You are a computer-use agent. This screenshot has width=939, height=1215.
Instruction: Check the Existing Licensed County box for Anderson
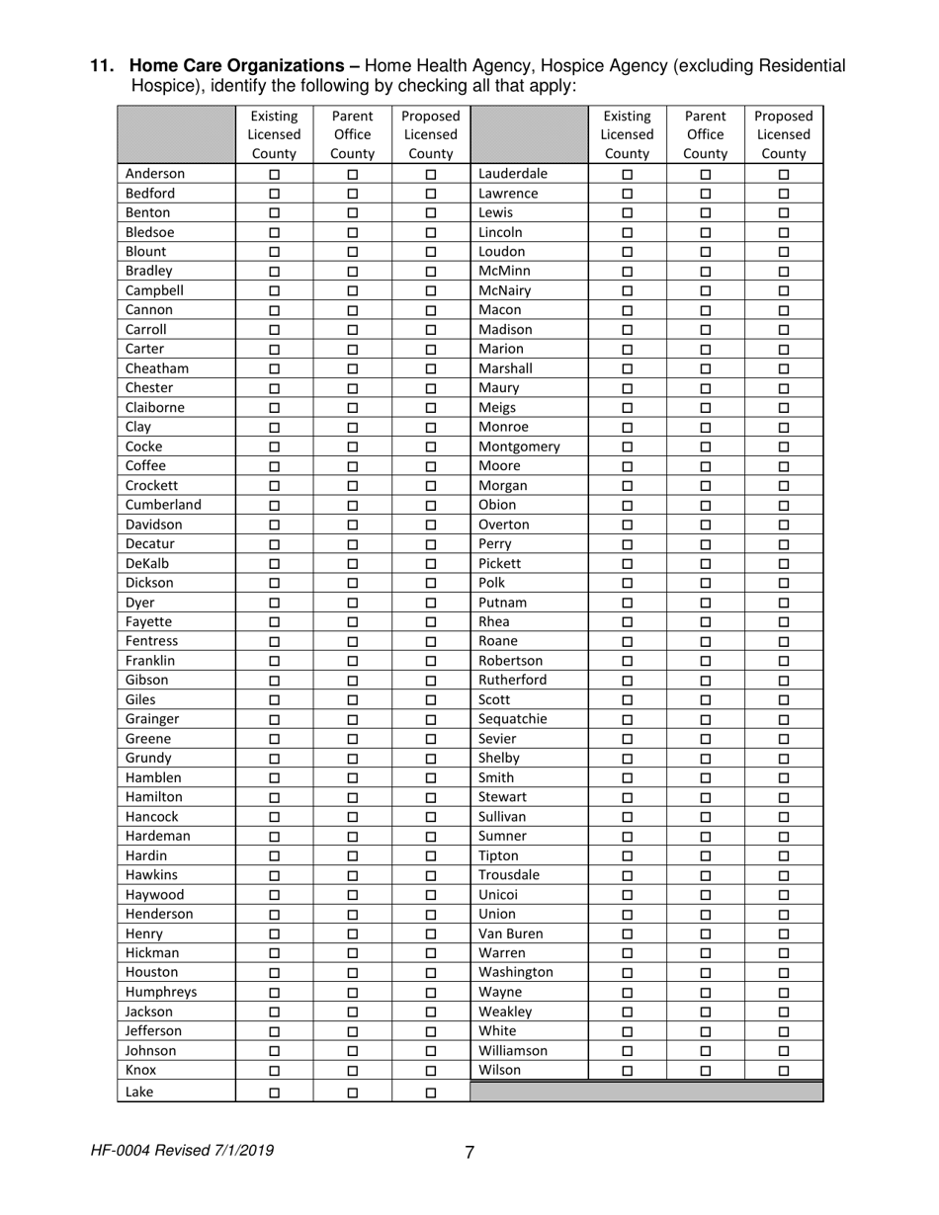tap(275, 174)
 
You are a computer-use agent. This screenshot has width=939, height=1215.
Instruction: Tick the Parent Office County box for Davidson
tap(353, 525)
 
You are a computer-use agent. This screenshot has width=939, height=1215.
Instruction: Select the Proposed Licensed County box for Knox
tap(431, 1071)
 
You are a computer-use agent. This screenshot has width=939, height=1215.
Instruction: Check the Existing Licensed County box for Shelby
tap(628, 759)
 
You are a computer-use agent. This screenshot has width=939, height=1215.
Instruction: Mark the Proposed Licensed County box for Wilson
tap(784, 1071)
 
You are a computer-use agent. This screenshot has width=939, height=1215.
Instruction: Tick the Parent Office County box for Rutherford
tap(706, 681)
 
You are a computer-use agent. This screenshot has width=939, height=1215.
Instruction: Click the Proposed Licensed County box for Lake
tap(431, 1093)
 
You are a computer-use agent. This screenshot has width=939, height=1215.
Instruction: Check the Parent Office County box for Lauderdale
tap(706, 174)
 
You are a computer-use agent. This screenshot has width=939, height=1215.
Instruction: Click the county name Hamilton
tap(154, 797)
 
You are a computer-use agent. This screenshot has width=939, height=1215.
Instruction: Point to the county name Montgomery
tap(519, 446)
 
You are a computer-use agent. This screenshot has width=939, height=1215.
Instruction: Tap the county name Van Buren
tap(511, 933)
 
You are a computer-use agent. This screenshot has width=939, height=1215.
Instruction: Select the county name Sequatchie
tap(512, 719)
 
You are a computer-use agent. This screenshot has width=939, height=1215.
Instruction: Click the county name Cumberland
tap(163, 505)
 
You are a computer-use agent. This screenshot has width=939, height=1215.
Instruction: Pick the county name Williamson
tap(512, 1051)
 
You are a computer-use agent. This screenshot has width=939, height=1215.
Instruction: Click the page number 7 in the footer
tap(469, 1152)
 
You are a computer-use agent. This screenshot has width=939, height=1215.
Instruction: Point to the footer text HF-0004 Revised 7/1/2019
tap(182, 1151)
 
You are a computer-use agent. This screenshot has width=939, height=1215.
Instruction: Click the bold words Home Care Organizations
tap(243, 66)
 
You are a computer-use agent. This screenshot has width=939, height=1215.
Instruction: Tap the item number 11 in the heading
tap(101, 66)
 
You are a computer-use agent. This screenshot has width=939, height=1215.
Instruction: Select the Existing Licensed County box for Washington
tap(628, 973)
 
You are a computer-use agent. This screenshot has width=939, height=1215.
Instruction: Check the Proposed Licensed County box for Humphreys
tap(431, 993)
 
